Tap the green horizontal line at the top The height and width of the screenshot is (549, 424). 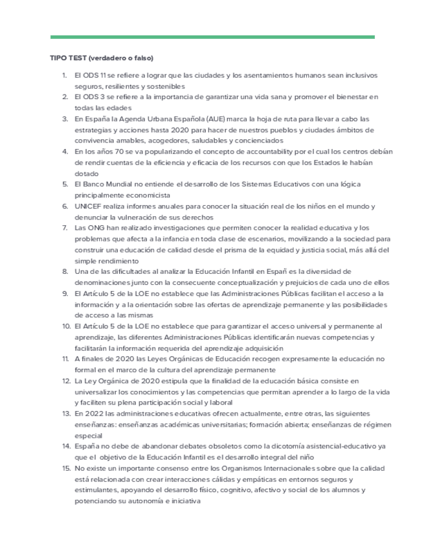(x=212, y=38)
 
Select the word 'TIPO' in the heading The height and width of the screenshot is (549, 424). (x=58, y=58)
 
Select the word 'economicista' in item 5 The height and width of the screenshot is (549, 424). (x=149, y=194)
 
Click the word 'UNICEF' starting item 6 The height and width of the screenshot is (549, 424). (x=87, y=206)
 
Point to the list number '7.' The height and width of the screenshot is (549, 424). (x=65, y=227)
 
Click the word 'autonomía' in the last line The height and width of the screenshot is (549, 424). (x=150, y=501)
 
